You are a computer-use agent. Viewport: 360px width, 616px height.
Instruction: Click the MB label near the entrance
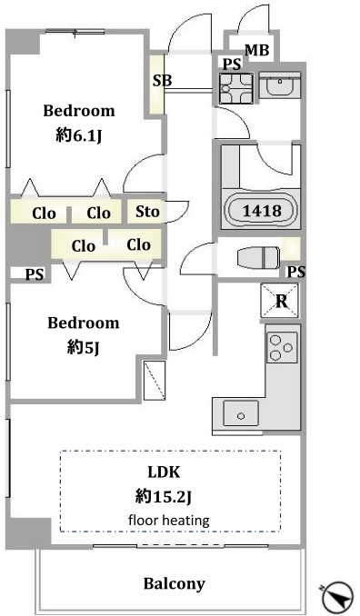point(257,50)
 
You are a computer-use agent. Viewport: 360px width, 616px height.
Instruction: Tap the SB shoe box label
point(163,81)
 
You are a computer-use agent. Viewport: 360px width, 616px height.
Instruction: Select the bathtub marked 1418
point(261,210)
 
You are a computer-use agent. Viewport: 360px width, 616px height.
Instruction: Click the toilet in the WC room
point(258,258)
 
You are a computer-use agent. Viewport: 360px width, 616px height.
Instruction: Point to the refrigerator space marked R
point(279,301)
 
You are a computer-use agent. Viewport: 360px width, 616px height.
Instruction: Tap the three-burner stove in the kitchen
point(282,347)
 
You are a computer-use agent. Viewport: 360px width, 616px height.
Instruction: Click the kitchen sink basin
point(241,412)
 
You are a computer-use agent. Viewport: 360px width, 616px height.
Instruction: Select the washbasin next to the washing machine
point(280,84)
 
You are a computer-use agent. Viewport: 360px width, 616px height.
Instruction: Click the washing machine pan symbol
point(235,88)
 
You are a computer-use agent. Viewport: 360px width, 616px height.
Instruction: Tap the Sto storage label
point(147,212)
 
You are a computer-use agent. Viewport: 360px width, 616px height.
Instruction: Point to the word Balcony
point(175,584)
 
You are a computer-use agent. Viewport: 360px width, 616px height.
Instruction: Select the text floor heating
point(169,521)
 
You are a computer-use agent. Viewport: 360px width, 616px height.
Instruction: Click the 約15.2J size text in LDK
point(163,497)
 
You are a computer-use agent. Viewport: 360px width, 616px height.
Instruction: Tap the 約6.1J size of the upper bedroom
point(79,136)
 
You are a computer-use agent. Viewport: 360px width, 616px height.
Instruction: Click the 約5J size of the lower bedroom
point(83,347)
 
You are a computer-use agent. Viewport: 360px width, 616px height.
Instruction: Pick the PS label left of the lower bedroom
point(35,274)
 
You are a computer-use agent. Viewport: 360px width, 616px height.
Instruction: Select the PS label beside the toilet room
point(296,272)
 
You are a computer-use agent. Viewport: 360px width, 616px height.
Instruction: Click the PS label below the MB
point(232,65)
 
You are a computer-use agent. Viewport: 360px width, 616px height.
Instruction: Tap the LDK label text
point(164,472)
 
